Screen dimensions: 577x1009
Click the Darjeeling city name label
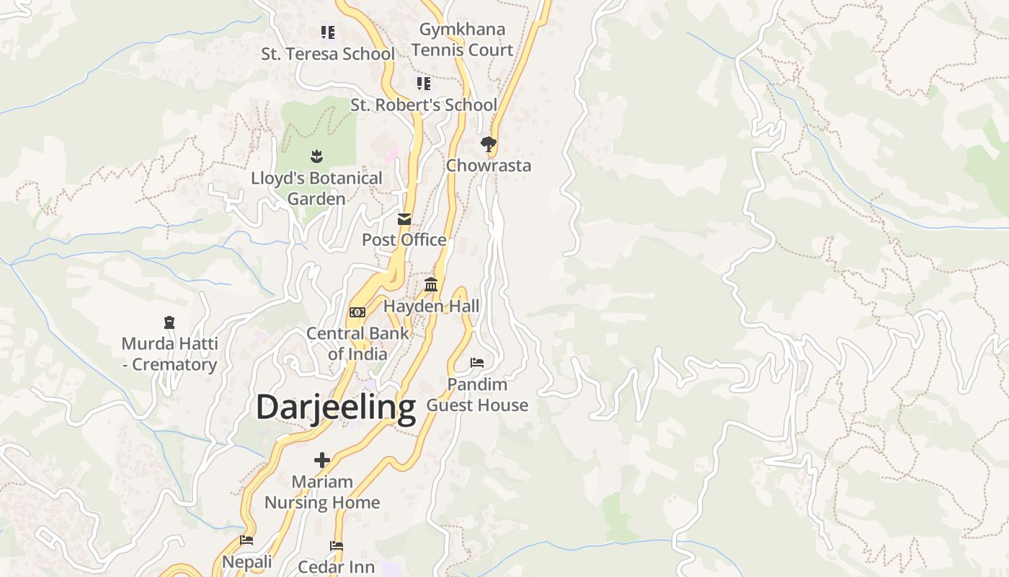coord(336,407)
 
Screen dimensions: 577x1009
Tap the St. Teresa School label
coord(328,54)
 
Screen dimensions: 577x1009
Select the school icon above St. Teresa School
coord(328,32)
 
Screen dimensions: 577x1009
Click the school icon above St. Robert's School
coord(424,84)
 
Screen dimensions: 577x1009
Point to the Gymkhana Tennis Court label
coord(462,40)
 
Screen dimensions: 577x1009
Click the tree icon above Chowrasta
coord(489,144)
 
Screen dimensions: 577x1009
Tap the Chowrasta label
coord(489,165)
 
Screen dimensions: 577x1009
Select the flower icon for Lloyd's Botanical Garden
coord(316,156)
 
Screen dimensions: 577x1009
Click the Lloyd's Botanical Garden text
coord(316,188)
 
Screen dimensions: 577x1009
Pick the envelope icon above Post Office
coord(404,219)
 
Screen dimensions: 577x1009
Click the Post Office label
coord(404,239)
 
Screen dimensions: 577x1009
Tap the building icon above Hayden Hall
coord(431,285)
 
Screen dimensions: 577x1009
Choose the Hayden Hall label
coord(431,306)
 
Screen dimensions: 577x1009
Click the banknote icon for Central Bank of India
coord(357,312)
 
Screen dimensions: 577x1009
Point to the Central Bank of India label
coord(357,343)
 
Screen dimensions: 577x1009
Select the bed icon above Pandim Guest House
coord(477,362)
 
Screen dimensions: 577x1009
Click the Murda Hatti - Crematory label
coord(170,353)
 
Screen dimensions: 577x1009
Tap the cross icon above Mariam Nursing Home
coord(322,459)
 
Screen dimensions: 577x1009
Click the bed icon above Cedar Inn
coord(337,546)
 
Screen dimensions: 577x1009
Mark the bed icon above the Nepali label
coord(246,540)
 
